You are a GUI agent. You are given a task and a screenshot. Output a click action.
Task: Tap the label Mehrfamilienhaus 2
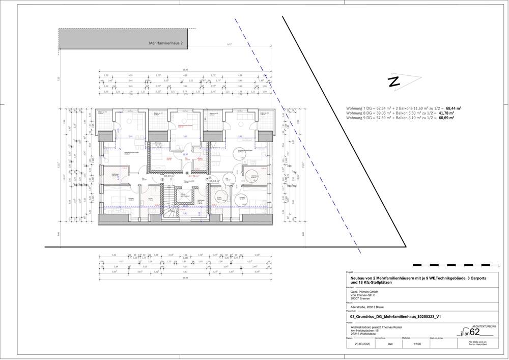click(x=165, y=44)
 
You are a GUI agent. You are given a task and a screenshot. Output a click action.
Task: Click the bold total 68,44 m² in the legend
click(x=454, y=108)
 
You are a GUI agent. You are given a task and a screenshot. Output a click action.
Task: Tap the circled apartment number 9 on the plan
click(x=162, y=179)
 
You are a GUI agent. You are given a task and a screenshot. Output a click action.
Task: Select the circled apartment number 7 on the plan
click(x=207, y=179)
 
